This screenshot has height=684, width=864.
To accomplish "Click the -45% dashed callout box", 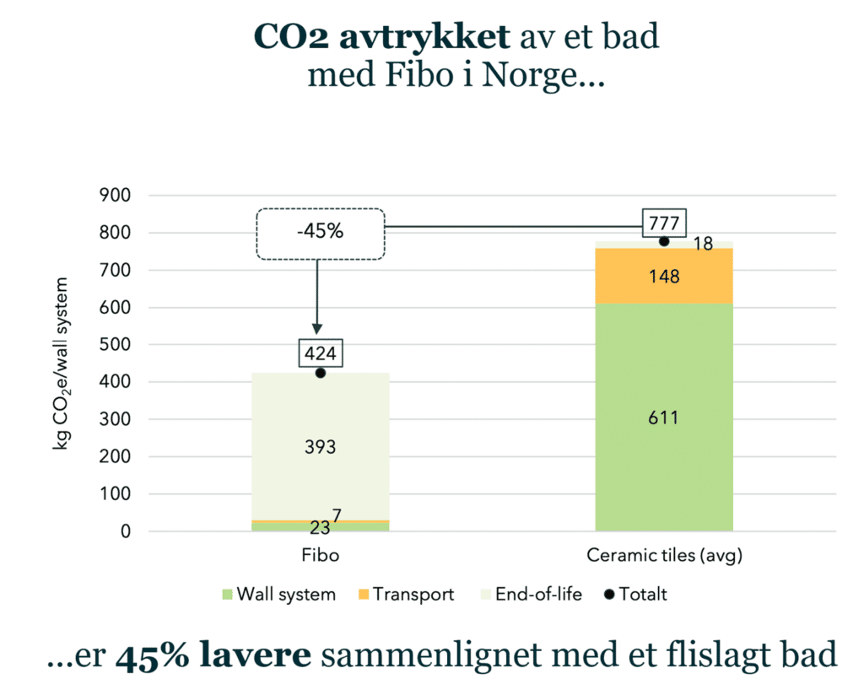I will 320,232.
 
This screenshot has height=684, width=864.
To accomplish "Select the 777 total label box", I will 664,224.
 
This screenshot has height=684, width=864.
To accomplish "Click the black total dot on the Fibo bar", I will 320,373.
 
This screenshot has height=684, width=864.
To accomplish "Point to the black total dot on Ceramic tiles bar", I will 664,241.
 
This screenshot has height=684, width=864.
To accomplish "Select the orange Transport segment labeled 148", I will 664,276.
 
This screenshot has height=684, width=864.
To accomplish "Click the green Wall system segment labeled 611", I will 664,417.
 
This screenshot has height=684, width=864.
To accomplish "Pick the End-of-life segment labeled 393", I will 320,447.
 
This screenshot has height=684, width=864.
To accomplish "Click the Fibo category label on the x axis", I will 320,557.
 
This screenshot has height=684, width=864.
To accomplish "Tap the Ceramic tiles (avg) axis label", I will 664,557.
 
